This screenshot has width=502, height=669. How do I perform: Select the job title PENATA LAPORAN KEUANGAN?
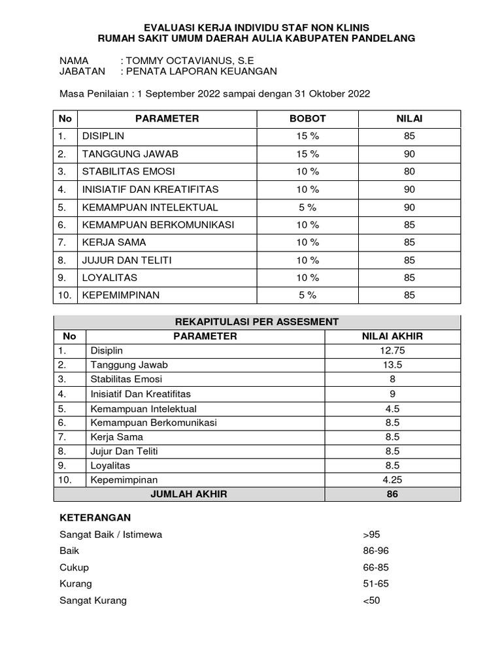(x=203, y=71)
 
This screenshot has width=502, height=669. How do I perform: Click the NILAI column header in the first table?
(x=409, y=119)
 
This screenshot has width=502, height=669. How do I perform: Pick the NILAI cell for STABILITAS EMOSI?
(x=409, y=172)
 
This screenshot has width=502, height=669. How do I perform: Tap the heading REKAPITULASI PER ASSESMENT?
(x=257, y=321)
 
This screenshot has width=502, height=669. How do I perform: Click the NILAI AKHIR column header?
(x=392, y=336)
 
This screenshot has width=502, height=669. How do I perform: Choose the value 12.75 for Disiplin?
(x=392, y=351)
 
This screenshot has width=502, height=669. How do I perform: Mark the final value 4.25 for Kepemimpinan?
(x=392, y=480)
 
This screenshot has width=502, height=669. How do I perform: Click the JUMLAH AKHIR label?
(x=189, y=495)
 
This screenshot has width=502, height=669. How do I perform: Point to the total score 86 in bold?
(x=392, y=495)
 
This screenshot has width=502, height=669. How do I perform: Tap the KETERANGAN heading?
(x=95, y=517)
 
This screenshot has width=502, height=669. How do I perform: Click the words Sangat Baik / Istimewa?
(x=110, y=534)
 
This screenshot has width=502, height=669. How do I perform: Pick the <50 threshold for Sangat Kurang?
(x=371, y=600)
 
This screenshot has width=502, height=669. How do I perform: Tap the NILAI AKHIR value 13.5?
(x=392, y=365)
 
